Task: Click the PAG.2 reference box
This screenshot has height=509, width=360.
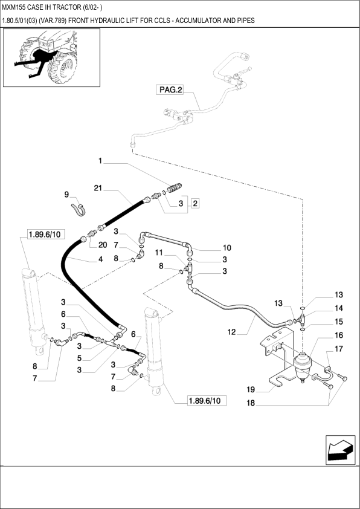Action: [x=170, y=90]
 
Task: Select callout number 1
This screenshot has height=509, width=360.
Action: [x=101, y=161]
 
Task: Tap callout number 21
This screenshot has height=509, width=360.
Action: [x=98, y=189]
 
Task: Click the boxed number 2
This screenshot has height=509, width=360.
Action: [x=196, y=204]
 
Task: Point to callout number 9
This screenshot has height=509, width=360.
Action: [x=67, y=194]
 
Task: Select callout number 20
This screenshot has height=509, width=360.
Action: [x=103, y=245]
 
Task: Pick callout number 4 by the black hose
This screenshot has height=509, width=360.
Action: [x=101, y=259]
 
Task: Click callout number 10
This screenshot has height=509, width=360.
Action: [x=227, y=247]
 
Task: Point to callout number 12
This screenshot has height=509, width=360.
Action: [x=231, y=332]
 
